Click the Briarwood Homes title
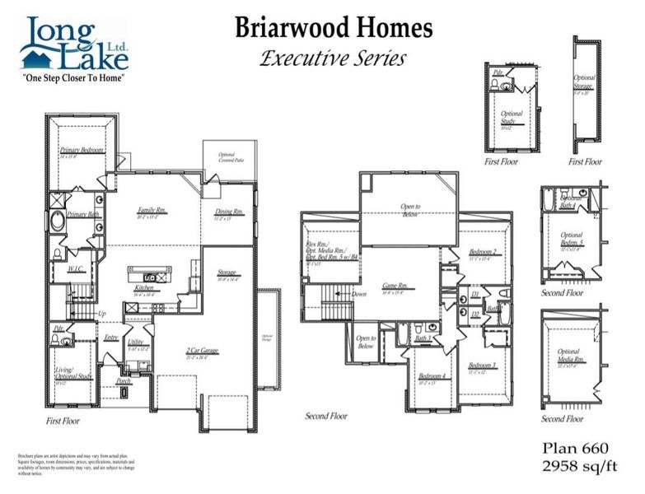coord(333,28)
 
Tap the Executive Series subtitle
coord(333,58)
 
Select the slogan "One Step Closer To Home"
coord(75,78)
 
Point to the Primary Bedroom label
coord(82,151)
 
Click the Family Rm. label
coord(152,212)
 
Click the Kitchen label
coord(145,289)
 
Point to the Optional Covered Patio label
coord(227,158)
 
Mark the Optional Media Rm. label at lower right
coord(569,355)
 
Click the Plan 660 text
coord(574,448)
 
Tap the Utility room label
coord(136,341)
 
